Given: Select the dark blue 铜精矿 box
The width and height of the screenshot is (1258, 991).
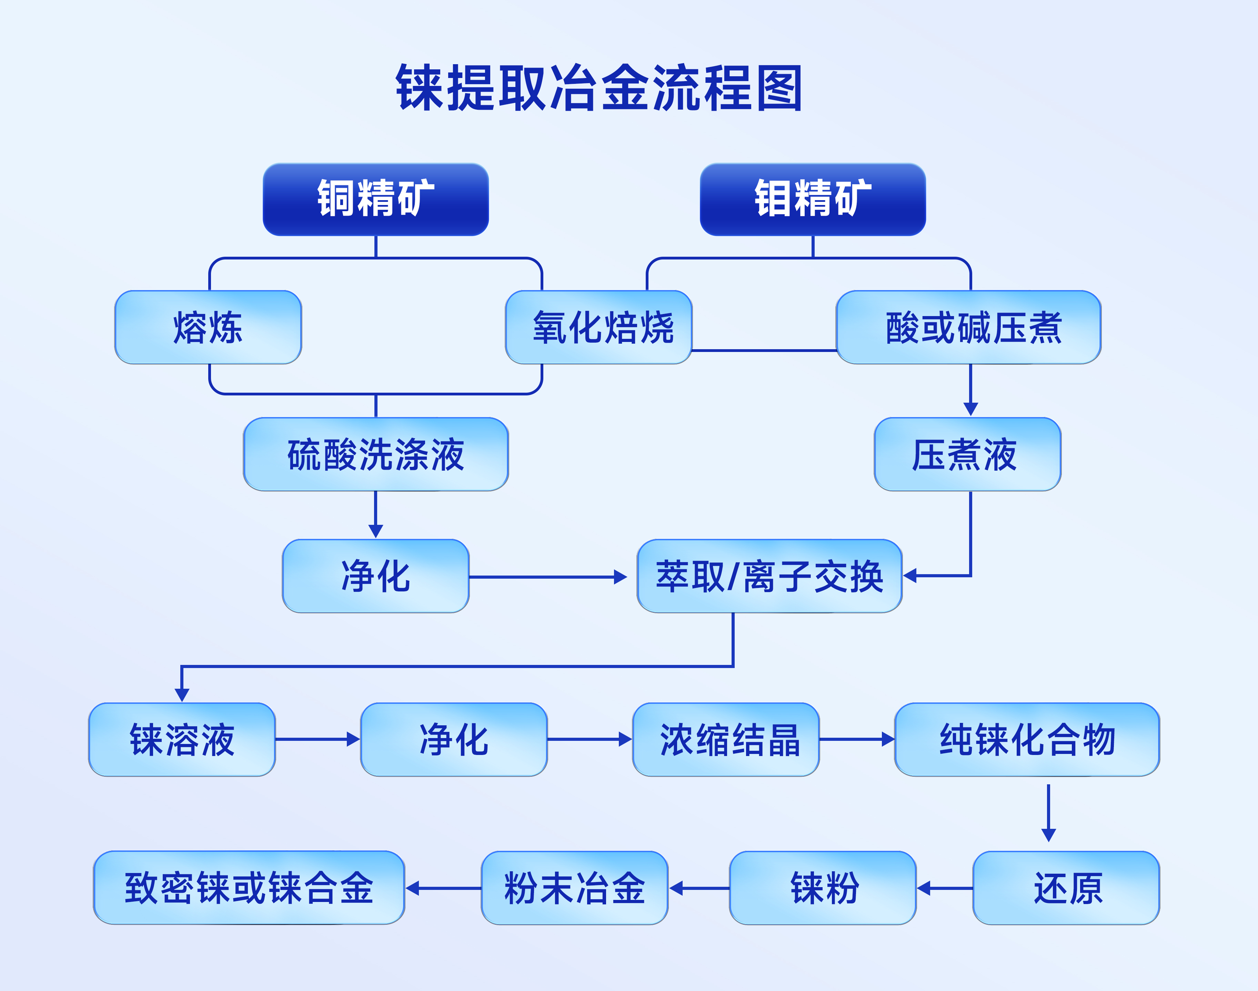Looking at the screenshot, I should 376,199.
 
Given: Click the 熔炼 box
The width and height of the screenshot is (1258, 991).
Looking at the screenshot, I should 208,327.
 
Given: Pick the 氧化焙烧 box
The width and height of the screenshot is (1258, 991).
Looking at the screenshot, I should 599,327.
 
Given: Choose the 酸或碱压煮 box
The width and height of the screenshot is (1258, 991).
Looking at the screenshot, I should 968,327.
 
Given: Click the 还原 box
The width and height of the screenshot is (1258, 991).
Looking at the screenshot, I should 1066,888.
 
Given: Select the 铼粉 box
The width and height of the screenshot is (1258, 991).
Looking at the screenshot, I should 823,888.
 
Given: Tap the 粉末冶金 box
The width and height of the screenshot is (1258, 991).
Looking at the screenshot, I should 574,888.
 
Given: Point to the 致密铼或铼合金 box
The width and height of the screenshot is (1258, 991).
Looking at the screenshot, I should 249,888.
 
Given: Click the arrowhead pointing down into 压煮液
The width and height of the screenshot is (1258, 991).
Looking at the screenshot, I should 970,409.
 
